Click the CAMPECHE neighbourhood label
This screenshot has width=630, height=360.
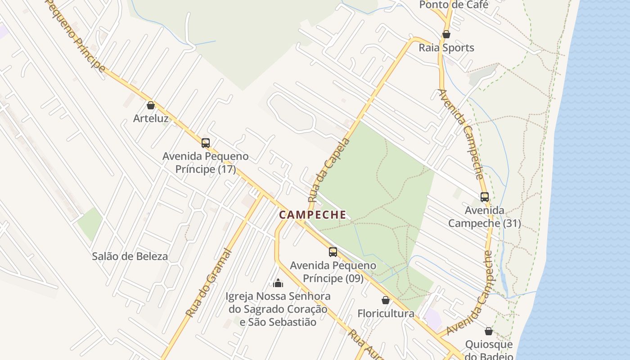[x=313, y=215]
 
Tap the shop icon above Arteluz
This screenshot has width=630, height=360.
[x=151, y=105]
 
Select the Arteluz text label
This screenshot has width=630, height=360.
[x=151, y=119]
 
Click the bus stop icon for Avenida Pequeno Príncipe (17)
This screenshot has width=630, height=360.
[x=206, y=143]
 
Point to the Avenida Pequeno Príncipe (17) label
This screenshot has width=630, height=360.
[x=205, y=163]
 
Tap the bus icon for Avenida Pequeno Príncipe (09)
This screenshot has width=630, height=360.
[x=333, y=252]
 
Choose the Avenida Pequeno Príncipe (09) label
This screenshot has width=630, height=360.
[x=333, y=272]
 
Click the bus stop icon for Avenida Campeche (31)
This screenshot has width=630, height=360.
[x=485, y=197]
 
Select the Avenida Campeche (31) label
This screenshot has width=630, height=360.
[x=485, y=216]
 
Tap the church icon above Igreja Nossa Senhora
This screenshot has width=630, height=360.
[x=278, y=283]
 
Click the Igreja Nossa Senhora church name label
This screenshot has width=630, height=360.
[x=278, y=309]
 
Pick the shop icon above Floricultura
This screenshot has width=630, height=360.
[x=386, y=300]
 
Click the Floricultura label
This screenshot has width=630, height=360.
[x=386, y=314]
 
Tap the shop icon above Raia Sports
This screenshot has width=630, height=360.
[x=446, y=34]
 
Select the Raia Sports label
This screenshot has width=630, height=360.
[x=446, y=48]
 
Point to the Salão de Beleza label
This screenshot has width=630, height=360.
[x=130, y=256]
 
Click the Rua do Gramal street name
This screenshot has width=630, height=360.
[x=209, y=283]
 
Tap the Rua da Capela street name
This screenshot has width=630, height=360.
[x=329, y=170]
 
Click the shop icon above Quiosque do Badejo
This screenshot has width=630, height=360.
[x=489, y=332]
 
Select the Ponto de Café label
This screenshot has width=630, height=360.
[x=454, y=5]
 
